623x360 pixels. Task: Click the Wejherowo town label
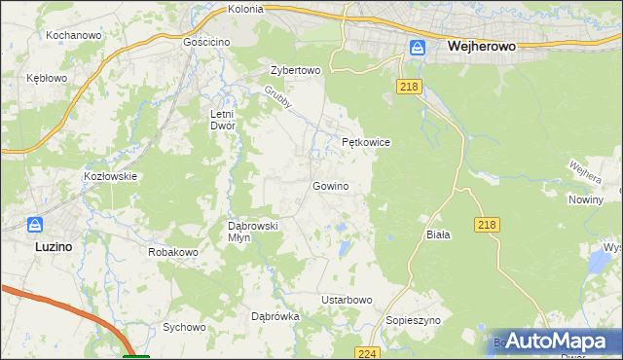click(x=480, y=46)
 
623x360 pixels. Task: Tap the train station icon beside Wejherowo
click(x=418, y=47)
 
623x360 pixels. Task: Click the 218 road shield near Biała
click(x=488, y=225)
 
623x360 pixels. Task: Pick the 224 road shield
click(x=367, y=353)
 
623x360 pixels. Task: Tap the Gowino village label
click(x=330, y=185)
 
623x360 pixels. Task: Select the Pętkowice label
click(x=366, y=142)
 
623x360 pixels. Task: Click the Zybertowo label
click(x=295, y=71)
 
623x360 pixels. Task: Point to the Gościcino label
click(x=205, y=43)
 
